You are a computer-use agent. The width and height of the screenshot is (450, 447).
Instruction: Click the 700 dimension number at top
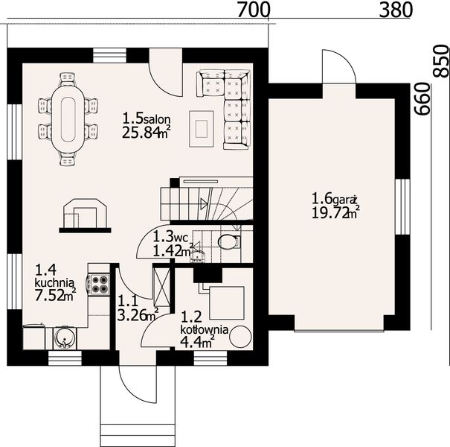[254, 10]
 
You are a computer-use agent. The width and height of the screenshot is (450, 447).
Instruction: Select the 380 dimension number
[396, 10]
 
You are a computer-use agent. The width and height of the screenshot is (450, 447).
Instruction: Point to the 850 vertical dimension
[440, 61]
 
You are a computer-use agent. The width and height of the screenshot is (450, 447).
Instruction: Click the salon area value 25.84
[141, 133]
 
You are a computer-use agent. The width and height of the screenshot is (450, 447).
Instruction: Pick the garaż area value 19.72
[330, 213]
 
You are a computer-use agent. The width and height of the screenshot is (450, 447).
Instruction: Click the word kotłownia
[204, 329]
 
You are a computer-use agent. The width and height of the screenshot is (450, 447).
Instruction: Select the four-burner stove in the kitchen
[100, 285]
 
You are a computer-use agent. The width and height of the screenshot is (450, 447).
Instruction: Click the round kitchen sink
[63, 338]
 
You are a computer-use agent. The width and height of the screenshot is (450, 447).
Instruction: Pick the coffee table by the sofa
[202, 129]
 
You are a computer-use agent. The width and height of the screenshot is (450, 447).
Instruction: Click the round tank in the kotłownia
[240, 337]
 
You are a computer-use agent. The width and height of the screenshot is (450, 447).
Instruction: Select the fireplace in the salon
[85, 215]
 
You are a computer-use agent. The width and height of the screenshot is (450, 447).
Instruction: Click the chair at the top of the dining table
[68, 80]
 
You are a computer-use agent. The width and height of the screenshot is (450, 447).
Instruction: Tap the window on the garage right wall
[402, 207]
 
